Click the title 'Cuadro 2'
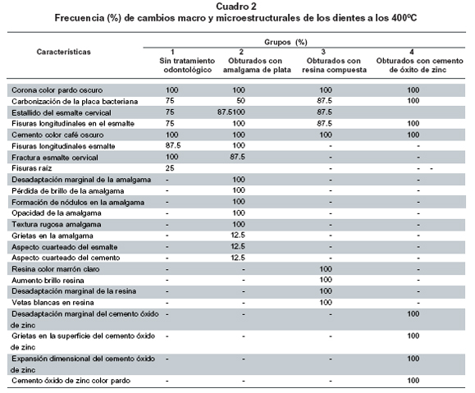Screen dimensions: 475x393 (x=236, y=7)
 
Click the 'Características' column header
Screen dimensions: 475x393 (x=64, y=52)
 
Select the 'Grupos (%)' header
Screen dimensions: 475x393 (x=285, y=42)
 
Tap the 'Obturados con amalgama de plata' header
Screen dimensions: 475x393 (x=257, y=65)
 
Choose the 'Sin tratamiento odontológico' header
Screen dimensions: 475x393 (x=187, y=65)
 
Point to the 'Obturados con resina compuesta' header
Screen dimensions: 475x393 (x=334, y=65)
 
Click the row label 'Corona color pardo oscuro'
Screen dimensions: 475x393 (x=57, y=90)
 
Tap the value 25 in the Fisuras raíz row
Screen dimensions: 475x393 (x=170, y=168)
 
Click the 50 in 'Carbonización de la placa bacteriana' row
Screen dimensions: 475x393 (x=240, y=101)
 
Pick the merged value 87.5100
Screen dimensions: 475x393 (x=231, y=112)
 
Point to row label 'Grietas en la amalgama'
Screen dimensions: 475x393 (x=53, y=235)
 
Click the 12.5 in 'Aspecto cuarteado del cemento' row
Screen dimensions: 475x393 (x=238, y=258)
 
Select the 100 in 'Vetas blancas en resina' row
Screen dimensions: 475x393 (x=326, y=303)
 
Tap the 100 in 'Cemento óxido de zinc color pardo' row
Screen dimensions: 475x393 (x=413, y=381)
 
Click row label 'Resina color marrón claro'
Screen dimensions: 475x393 (x=56, y=269)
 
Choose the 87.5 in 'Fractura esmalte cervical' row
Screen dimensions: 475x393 (x=238, y=157)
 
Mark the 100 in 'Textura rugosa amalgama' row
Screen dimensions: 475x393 (x=239, y=224)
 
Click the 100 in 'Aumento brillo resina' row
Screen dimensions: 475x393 (x=326, y=280)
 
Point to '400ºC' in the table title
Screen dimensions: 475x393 (x=404, y=18)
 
